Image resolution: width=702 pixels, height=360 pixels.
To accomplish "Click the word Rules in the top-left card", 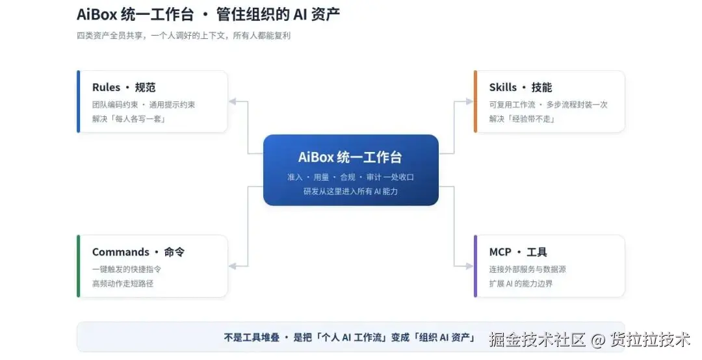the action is click(x=106, y=87).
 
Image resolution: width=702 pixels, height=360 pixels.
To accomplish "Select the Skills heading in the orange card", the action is click(x=502, y=87).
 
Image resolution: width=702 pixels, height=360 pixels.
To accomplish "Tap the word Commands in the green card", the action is click(x=120, y=252).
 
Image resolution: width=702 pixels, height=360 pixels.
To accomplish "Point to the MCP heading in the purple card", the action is click(x=500, y=252).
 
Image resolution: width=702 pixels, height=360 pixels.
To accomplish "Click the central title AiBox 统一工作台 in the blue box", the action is click(x=350, y=157).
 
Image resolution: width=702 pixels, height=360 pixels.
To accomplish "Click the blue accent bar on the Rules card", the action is click(x=79, y=101).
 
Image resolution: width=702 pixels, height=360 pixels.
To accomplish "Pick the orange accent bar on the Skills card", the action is click(x=475, y=101).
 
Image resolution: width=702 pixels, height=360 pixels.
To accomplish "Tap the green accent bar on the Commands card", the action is click(x=79, y=266).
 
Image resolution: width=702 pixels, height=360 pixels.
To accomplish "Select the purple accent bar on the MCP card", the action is click(x=475, y=266).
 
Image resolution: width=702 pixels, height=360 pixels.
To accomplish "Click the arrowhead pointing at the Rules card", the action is click(x=232, y=101).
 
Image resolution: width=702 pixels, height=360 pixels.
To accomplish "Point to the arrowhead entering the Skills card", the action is click(x=469, y=101).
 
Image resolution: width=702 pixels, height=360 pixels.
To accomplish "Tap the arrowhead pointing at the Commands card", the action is click(x=232, y=266).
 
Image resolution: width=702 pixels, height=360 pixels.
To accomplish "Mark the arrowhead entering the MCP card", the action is click(x=469, y=266).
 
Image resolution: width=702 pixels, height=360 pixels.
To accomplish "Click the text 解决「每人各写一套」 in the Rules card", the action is click(x=129, y=119).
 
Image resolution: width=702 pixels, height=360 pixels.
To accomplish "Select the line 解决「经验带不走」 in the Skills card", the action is click(x=522, y=119).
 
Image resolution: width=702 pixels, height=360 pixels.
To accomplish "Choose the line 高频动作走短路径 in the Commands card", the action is click(x=123, y=283).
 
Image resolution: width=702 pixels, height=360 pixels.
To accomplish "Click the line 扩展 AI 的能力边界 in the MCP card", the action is click(x=521, y=283).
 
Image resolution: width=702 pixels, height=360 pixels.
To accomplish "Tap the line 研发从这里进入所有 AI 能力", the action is click(x=350, y=191).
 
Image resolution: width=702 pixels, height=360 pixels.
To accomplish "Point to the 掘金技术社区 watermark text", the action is click(x=538, y=340).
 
